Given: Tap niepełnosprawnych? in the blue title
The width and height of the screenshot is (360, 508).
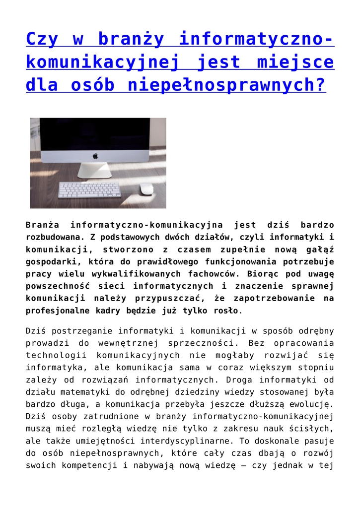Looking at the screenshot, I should click(227, 85).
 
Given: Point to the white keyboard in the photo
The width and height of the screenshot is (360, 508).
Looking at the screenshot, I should click(89, 190).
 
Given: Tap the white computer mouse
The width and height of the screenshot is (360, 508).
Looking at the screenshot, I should click(146, 189).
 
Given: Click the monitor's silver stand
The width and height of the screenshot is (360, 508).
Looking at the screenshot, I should click(94, 170).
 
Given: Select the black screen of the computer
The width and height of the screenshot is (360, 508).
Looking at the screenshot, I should click(95, 134).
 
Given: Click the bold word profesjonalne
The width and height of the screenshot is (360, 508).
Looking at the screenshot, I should click(57, 311).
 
